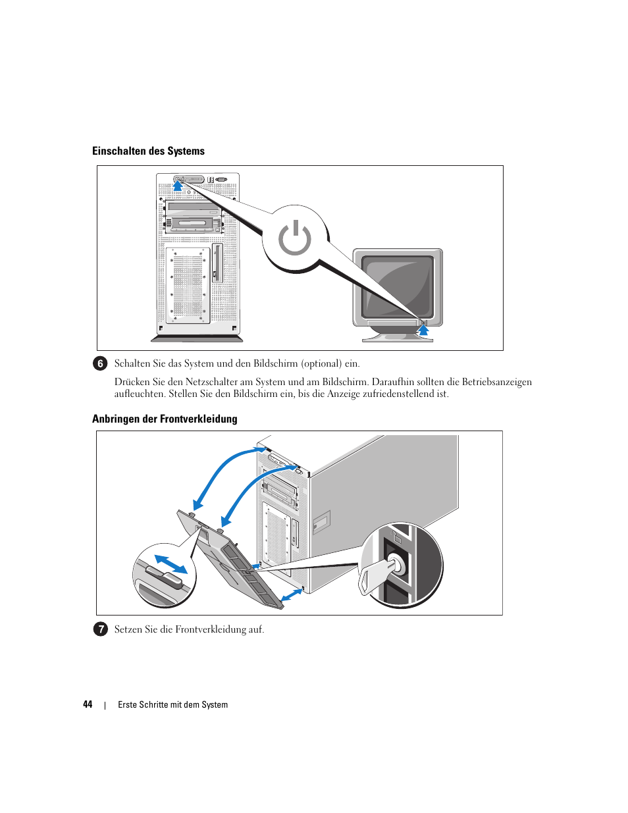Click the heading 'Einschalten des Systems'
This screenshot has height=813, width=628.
(x=148, y=151)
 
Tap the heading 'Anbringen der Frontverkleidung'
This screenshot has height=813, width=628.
(x=165, y=419)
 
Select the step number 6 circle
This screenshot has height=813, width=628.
(x=100, y=363)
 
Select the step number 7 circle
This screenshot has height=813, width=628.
(x=100, y=629)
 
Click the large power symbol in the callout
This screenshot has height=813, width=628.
(x=294, y=238)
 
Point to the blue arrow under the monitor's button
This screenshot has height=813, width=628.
(x=423, y=329)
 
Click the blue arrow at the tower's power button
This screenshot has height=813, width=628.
(x=178, y=186)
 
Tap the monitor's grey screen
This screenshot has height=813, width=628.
(x=397, y=287)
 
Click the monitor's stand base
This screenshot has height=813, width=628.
(x=397, y=338)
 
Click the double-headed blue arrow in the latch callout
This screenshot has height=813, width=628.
(x=170, y=564)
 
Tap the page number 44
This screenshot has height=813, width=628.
(x=88, y=704)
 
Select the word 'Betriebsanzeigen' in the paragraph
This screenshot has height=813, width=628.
(x=496, y=382)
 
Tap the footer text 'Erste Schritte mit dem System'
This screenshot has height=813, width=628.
(x=172, y=704)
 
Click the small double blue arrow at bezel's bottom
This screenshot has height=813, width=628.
(x=291, y=595)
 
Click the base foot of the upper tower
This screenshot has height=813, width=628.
(x=197, y=339)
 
